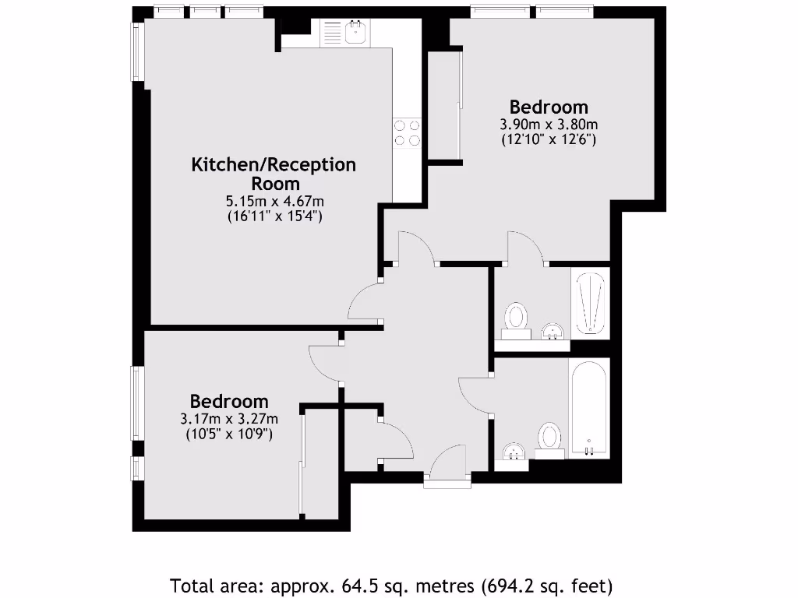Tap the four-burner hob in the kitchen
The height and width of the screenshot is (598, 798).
[407, 132]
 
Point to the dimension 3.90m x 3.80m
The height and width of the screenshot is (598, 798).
[549, 125]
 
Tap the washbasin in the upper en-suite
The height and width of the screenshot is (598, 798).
[552, 332]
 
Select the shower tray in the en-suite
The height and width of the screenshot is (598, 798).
[589, 304]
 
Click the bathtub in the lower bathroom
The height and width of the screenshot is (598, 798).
[588, 409]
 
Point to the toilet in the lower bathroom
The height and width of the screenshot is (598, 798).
[550, 438]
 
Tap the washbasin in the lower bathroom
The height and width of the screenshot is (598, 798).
[513, 452]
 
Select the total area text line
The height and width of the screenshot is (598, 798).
[391, 585]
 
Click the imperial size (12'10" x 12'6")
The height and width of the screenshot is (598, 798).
[549, 140]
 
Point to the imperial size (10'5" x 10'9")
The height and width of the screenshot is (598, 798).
[229, 434]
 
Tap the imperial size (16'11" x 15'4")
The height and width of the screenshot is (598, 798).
[274, 216]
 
